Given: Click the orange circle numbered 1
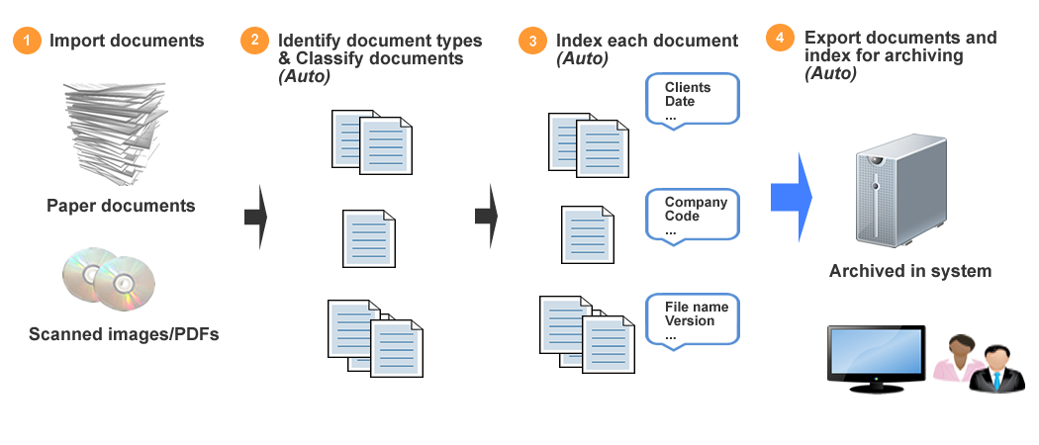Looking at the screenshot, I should pos(27,41).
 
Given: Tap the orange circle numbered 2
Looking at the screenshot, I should pos(255,41).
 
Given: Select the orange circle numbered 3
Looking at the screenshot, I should pos(533,41).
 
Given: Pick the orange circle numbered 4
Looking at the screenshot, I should pos(780,39).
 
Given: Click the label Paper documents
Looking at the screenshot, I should pos(121,206).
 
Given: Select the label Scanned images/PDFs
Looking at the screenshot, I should pos(124,334).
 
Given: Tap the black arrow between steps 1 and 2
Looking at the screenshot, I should pos(256,216).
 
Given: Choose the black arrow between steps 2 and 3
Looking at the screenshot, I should pos(485,216).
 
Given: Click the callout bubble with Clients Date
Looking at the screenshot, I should pos(692,100).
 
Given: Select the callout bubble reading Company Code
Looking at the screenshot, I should pos(692,215).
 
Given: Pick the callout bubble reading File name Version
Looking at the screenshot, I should pos(692,319).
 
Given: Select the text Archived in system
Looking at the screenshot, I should pos(909,271).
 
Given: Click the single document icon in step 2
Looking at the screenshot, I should pos(370,238).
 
